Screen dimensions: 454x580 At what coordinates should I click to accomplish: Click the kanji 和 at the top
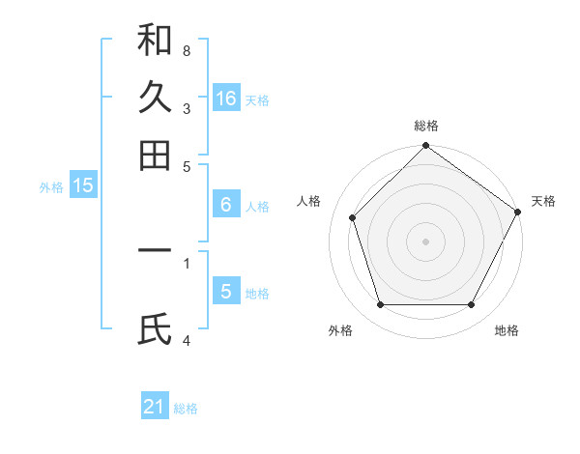(x=155, y=40)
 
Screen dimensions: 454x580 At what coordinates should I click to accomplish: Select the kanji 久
(x=155, y=97)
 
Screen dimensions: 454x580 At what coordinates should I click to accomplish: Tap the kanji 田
(x=155, y=155)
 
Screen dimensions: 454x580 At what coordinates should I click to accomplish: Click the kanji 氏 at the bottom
(x=155, y=329)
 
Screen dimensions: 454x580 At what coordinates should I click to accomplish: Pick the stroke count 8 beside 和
(x=187, y=50)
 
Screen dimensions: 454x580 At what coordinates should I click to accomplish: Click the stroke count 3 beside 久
(x=187, y=109)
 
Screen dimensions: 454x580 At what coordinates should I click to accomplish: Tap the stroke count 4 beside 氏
(x=187, y=340)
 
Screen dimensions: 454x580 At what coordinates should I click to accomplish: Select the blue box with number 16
(x=226, y=99)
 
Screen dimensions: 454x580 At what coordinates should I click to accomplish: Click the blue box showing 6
(x=226, y=205)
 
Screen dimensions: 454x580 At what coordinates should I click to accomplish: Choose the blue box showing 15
(x=83, y=186)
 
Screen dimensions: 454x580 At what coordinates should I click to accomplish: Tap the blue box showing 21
(x=155, y=407)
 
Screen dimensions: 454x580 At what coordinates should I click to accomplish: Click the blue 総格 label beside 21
(x=186, y=409)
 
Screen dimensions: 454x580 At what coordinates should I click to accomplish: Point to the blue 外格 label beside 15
(x=50, y=187)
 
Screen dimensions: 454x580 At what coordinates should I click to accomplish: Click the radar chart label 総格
(x=425, y=126)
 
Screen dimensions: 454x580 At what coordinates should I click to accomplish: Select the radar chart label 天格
(x=543, y=201)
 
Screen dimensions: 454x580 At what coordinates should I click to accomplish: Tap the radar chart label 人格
(x=308, y=201)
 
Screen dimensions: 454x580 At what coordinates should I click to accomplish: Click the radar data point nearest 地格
(x=472, y=305)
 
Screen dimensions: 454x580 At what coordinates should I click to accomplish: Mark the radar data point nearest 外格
(x=380, y=305)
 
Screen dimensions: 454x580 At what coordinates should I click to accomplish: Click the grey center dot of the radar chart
(x=425, y=241)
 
